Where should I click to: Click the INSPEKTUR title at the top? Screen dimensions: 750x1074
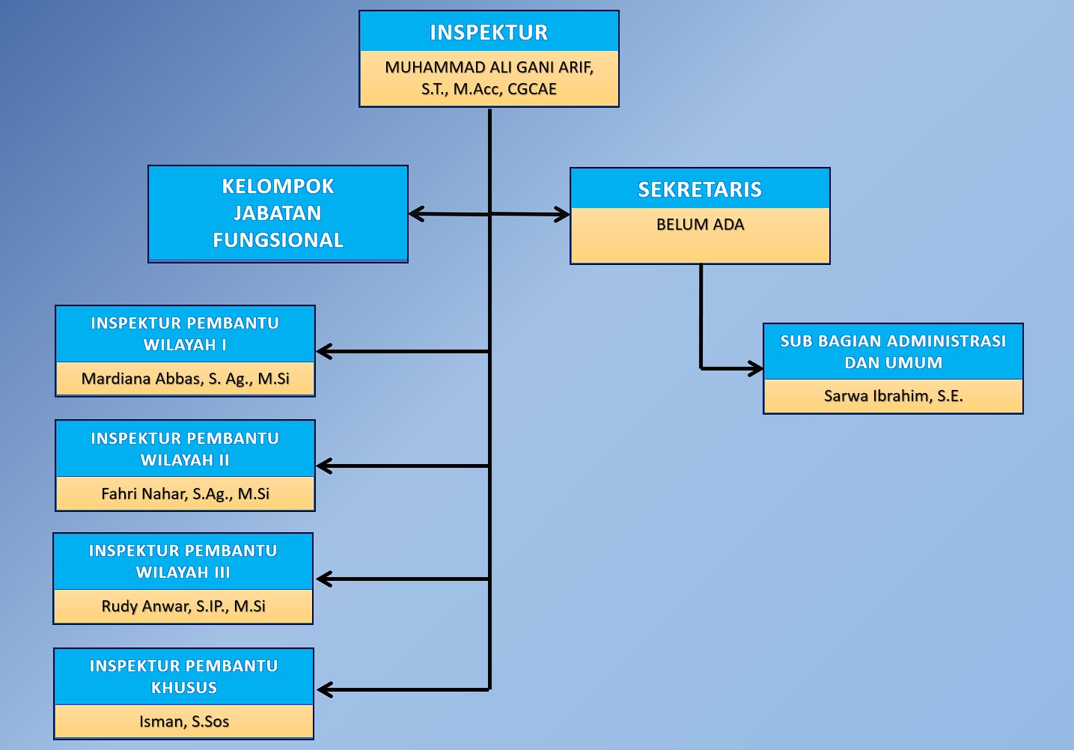489,32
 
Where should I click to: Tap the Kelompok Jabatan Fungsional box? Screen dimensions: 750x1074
278,213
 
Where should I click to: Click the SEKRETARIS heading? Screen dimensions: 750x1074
700,189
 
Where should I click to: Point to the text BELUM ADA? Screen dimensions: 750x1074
700,225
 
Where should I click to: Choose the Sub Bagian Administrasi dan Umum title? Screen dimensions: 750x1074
893,352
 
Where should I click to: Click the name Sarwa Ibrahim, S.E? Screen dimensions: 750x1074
893,396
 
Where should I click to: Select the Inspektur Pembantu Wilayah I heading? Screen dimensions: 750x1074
185,334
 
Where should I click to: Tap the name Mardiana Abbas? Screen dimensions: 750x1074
185,379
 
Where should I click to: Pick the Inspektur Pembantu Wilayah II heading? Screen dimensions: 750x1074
185,449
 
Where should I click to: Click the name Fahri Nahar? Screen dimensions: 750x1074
185,494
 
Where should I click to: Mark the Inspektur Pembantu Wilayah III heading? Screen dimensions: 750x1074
183,561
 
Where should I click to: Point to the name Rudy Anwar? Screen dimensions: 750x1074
183,606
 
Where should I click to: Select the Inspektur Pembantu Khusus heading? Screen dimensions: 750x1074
183,677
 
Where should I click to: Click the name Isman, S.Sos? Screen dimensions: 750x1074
183,722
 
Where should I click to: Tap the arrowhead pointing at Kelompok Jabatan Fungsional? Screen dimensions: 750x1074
415,214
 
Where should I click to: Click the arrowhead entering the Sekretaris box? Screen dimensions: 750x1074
564,215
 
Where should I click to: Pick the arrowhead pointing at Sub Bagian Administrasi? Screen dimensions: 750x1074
757,368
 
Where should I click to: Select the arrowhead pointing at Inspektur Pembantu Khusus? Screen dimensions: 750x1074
323,689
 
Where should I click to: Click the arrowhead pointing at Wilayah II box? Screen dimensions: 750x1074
323,466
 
